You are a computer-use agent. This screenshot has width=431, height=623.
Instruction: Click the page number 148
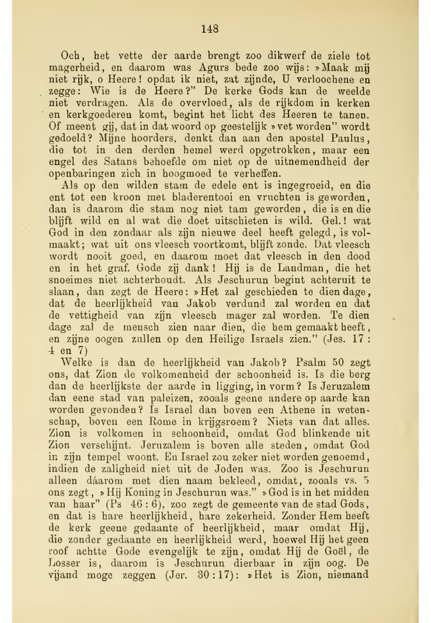[209, 29]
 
